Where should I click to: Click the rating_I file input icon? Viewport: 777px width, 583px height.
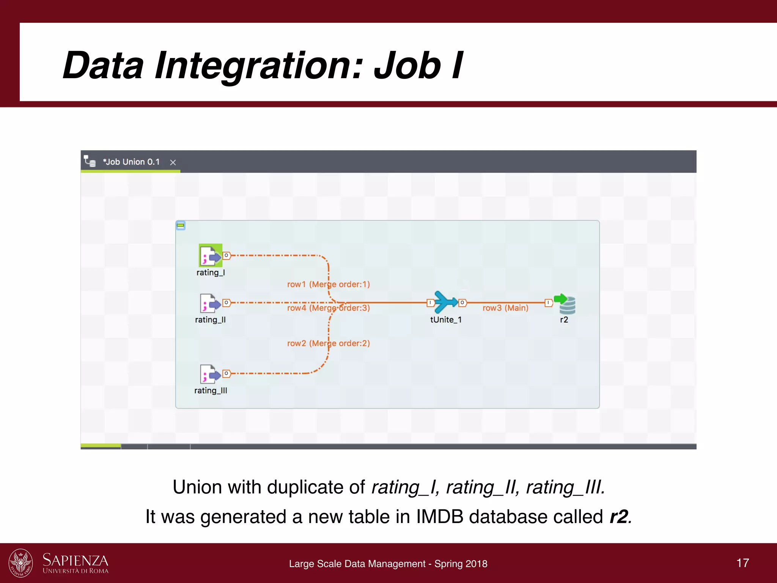(x=210, y=256)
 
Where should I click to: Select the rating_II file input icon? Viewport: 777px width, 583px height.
(x=210, y=303)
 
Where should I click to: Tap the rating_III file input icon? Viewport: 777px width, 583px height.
(x=210, y=374)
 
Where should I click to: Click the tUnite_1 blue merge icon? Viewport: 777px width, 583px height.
(x=446, y=302)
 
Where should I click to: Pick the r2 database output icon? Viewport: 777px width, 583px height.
(x=565, y=304)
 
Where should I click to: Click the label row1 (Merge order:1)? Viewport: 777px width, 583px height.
(x=328, y=284)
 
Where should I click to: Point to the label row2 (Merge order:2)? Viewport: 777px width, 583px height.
(x=328, y=343)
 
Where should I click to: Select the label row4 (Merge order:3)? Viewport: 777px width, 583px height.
(x=328, y=308)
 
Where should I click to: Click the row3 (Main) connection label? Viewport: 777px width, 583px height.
(x=505, y=308)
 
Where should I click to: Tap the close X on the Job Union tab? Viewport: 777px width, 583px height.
(x=173, y=162)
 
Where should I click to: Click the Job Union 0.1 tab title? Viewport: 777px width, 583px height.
(x=131, y=162)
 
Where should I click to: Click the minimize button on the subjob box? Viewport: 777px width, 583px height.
(x=181, y=226)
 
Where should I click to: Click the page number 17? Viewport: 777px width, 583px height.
(x=742, y=563)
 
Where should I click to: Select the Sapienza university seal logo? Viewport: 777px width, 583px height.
(x=21, y=563)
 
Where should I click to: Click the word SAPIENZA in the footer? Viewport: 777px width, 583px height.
(x=75, y=560)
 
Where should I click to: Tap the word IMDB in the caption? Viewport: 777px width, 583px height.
(x=440, y=517)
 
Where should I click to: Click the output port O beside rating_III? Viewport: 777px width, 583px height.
(x=226, y=373)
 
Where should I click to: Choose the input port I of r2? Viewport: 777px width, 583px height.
(x=548, y=303)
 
